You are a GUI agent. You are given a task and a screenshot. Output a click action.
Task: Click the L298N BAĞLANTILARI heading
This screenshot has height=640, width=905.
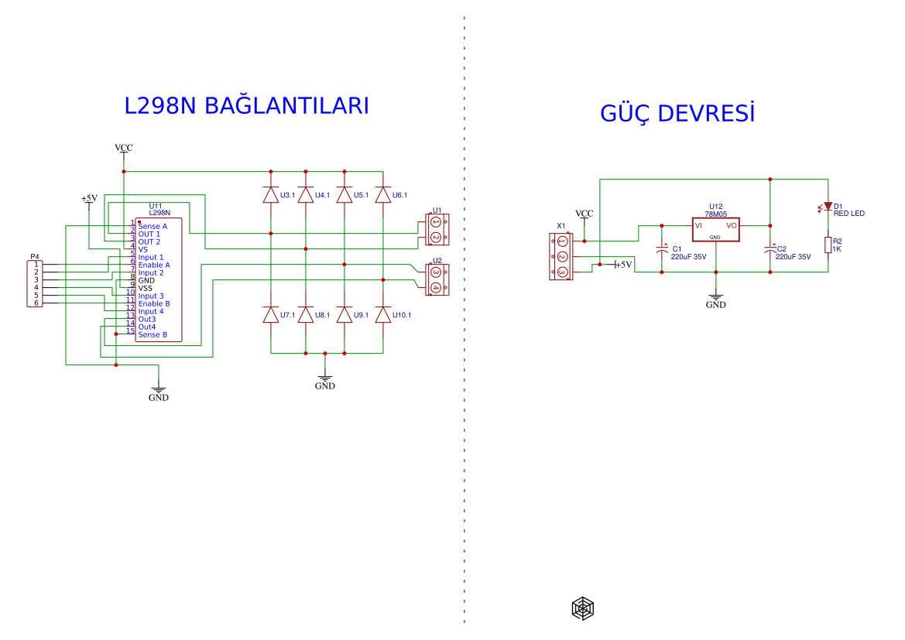(x=246, y=106)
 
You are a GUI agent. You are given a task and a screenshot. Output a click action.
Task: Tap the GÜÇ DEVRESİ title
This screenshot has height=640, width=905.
(x=677, y=113)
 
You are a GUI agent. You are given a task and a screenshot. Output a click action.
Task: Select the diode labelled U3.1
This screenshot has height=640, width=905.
(x=270, y=194)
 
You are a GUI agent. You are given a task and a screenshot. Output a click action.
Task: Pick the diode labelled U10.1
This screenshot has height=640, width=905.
(x=382, y=315)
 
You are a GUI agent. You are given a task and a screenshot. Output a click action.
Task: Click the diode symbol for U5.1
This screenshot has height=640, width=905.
(x=345, y=194)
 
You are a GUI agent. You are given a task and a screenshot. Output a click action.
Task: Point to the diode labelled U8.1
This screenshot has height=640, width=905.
(x=306, y=315)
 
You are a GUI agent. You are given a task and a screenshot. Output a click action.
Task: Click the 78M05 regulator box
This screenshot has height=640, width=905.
(x=715, y=228)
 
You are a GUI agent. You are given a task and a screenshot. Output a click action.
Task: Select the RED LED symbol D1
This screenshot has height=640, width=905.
(x=828, y=207)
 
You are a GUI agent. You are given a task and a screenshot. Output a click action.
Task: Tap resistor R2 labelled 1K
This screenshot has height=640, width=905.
(x=828, y=245)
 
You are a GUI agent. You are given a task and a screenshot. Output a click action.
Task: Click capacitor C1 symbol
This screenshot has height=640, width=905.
(x=662, y=250)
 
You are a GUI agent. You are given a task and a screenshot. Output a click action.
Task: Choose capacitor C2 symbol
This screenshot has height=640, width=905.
(x=770, y=250)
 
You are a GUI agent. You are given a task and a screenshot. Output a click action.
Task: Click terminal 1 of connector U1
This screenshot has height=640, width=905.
(x=435, y=223)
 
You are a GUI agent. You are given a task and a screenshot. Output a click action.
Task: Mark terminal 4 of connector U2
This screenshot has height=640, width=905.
(x=435, y=287)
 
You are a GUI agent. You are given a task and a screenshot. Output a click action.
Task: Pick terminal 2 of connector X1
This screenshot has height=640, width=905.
(x=563, y=257)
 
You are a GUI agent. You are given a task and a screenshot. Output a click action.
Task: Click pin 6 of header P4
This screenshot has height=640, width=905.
(x=36, y=303)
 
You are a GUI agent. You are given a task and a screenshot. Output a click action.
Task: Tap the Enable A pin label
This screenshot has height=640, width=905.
(x=154, y=265)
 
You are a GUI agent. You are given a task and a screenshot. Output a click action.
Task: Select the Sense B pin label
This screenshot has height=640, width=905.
(x=153, y=334)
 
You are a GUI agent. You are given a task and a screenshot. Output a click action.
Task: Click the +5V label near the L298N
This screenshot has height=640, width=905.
(x=89, y=198)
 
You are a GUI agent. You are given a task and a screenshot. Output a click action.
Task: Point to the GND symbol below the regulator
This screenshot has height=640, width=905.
(x=716, y=301)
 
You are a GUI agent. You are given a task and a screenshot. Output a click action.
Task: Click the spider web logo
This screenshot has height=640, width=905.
(x=583, y=609)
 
